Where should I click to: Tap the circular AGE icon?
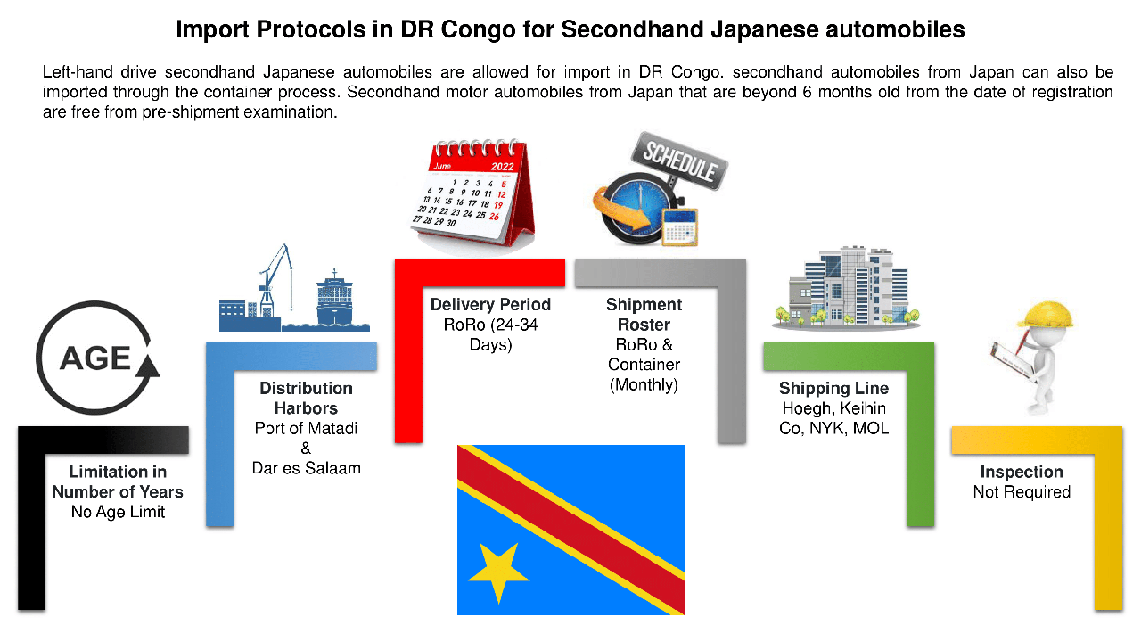(x=97, y=359)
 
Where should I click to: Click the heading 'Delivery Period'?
(x=490, y=305)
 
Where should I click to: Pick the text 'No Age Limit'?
(x=118, y=512)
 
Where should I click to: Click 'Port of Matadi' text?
(x=306, y=428)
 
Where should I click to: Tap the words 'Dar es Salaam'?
(x=306, y=468)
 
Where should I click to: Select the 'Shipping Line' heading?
(x=833, y=389)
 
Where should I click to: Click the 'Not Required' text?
(x=1022, y=492)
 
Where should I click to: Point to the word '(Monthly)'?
(x=644, y=385)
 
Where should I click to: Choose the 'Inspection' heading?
(x=1022, y=473)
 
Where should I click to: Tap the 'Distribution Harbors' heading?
(x=306, y=399)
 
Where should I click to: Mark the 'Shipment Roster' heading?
(x=644, y=315)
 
